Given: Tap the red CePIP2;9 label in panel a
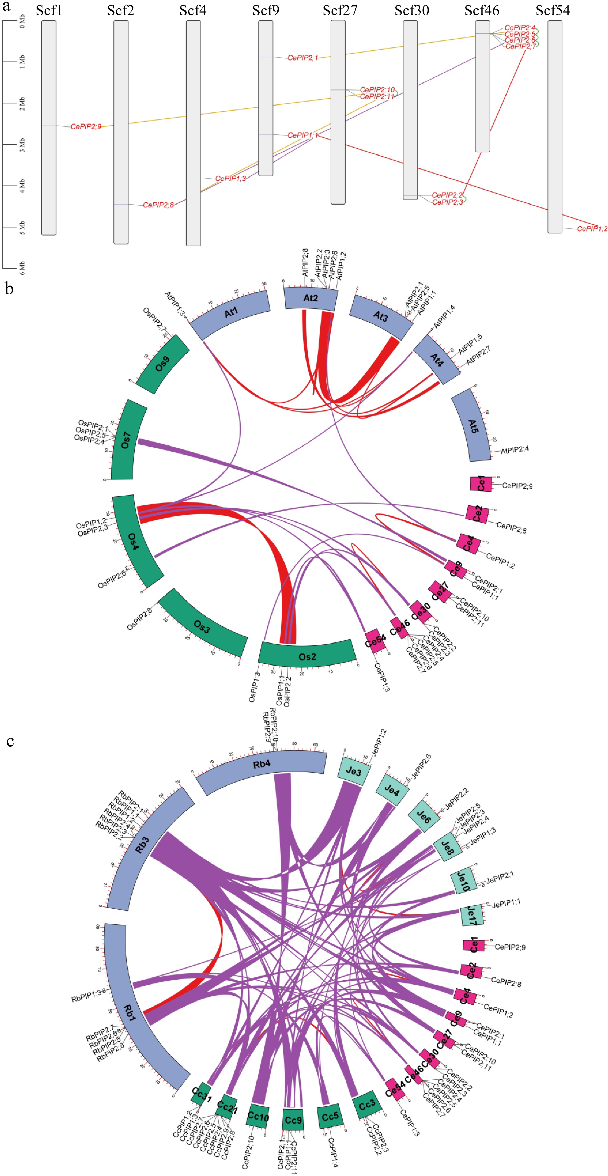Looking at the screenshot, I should (x=86, y=126).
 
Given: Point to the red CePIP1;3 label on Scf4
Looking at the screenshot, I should (x=231, y=179).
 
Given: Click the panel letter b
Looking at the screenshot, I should (x=9, y=288).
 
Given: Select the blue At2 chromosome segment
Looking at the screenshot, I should (x=310, y=298).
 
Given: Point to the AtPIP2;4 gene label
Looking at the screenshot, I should (x=515, y=450).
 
